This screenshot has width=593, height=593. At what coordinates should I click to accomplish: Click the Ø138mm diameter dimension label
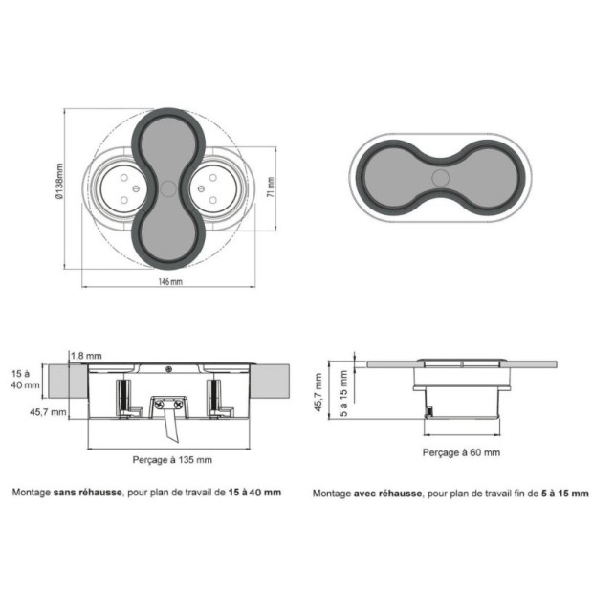click(x=59, y=181)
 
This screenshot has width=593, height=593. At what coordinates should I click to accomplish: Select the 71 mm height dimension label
click(x=271, y=187)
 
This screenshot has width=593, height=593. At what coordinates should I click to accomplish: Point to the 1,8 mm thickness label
click(x=86, y=356)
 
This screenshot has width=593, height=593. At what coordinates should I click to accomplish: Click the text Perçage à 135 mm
click(x=172, y=460)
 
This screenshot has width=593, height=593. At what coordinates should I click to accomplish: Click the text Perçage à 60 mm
click(x=461, y=452)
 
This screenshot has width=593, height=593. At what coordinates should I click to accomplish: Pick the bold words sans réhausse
click(x=88, y=492)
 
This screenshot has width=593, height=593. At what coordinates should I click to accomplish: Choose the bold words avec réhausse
click(x=387, y=494)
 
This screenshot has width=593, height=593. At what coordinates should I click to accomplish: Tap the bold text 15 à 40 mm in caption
click(x=254, y=492)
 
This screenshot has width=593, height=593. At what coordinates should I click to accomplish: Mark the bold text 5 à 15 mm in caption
click(x=565, y=494)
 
